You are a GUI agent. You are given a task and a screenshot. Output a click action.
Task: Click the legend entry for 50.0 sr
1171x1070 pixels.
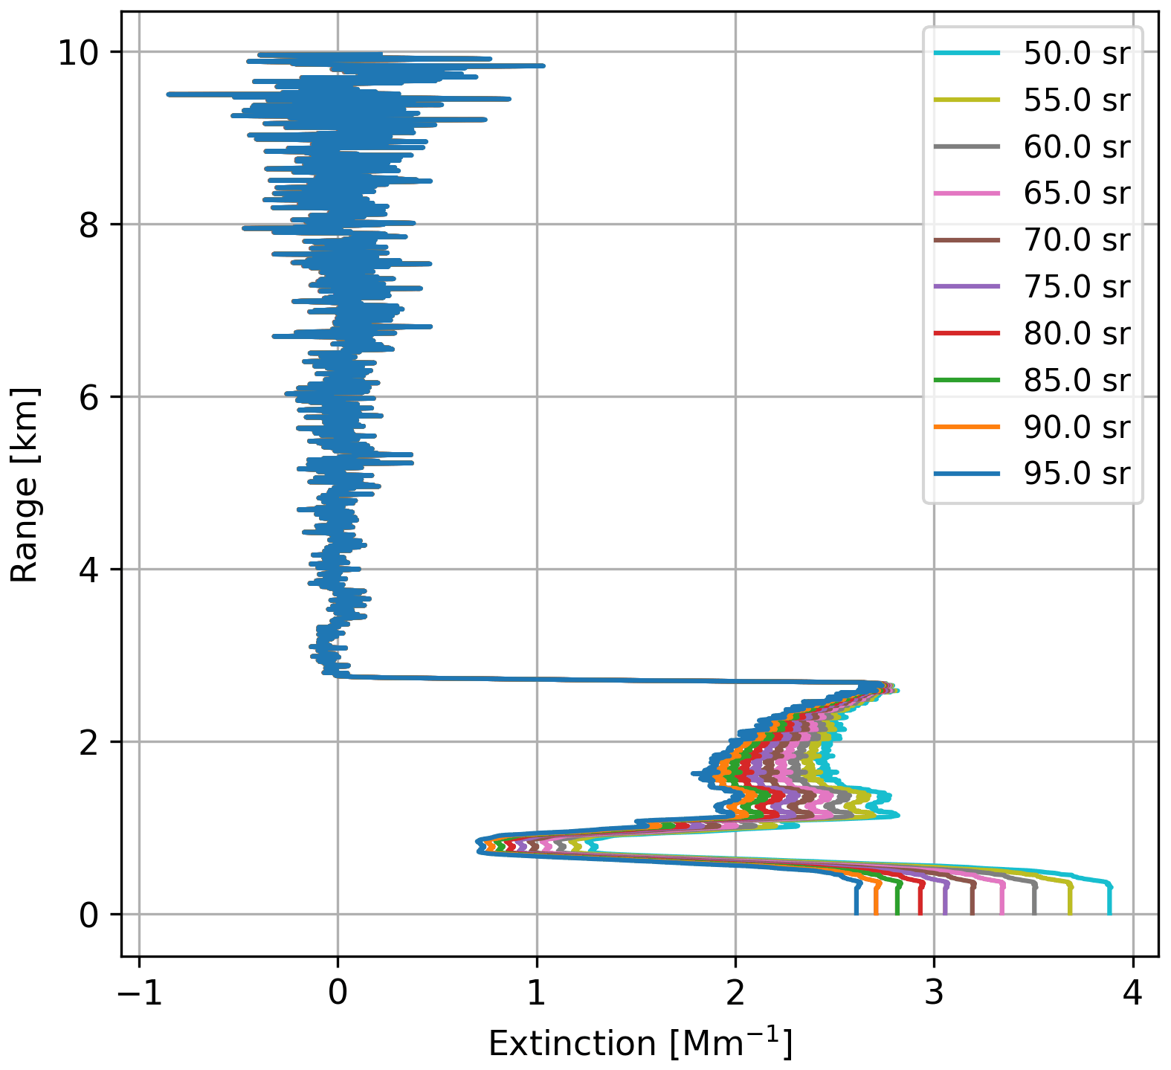pyautogui.click(x=1077, y=54)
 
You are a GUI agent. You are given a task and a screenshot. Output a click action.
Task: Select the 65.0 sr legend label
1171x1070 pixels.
pyautogui.click(x=1077, y=193)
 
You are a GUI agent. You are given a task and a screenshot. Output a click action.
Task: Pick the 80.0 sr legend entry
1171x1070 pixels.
pyautogui.click(x=1077, y=333)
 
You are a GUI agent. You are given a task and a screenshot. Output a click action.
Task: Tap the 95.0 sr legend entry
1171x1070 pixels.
pyautogui.click(x=1077, y=473)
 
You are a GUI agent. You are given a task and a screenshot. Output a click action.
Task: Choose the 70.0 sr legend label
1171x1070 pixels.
pyautogui.click(x=1077, y=240)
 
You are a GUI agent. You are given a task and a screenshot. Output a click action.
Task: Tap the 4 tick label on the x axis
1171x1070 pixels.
pyautogui.click(x=1133, y=993)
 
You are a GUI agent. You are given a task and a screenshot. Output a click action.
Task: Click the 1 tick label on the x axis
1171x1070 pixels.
pyautogui.click(x=537, y=993)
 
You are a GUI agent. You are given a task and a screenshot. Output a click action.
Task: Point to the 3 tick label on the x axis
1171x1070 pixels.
pyautogui.click(x=935, y=993)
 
